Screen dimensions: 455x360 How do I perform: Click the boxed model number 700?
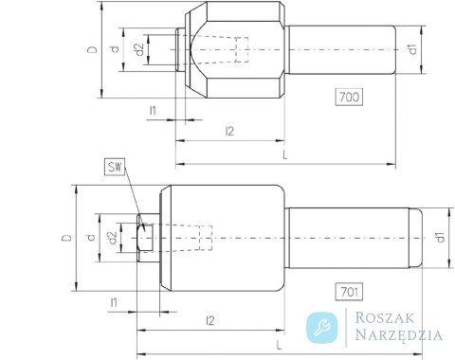click(349, 97)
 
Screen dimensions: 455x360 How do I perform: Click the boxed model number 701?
click(349, 292)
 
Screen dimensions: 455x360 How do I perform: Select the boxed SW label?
click(115, 167)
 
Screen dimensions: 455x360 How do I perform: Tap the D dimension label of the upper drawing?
click(93, 49)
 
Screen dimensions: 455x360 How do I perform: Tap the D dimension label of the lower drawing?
click(67, 238)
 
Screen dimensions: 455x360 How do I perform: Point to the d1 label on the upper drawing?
click(412, 49)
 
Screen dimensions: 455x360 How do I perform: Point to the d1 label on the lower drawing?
click(440, 238)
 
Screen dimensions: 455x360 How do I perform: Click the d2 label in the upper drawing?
click(139, 49)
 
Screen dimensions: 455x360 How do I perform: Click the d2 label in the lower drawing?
click(113, 239)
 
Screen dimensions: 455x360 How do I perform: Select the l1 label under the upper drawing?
click(153, 111)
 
